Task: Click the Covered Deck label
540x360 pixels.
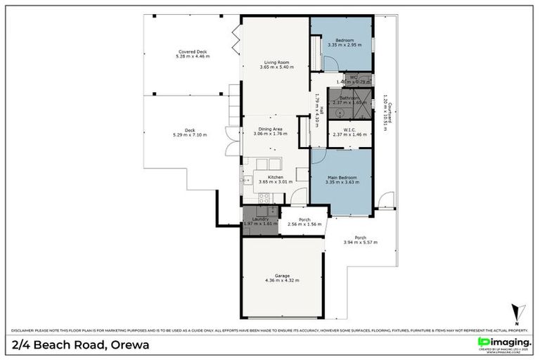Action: pyautogui.click(x=192, y=51)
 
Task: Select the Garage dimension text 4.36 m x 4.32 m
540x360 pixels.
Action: pyautogui.click(x=282, y=281)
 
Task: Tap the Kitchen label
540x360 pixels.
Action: pyautogui.click(x=276, y=176)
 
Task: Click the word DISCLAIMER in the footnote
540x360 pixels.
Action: pyautogui.click(x=25, y=330)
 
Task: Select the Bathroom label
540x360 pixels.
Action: pyautogui.click(x=349, y=98)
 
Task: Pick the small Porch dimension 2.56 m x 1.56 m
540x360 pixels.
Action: pyautogui.click(x=304, y=224)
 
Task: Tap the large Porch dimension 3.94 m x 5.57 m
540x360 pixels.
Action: pyautogui.click(x=360, y=243)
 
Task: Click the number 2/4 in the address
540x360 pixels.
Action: pyautogui.click(x=23, y=346)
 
